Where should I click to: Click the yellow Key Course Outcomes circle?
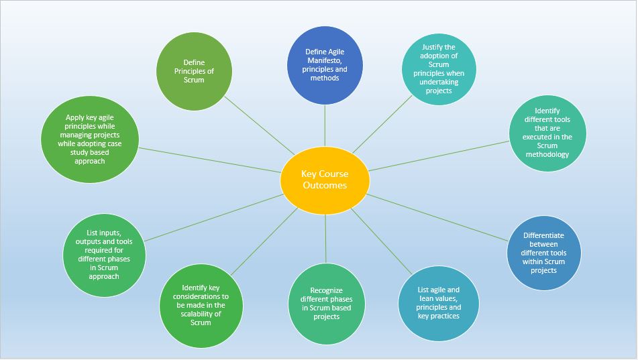325,179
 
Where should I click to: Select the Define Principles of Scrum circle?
194,71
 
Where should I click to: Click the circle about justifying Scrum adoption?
438,69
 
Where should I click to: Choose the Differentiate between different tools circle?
543,252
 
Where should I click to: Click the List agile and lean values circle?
439,302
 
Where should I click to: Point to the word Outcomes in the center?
325,185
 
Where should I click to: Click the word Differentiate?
543,235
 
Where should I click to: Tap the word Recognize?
326,291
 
